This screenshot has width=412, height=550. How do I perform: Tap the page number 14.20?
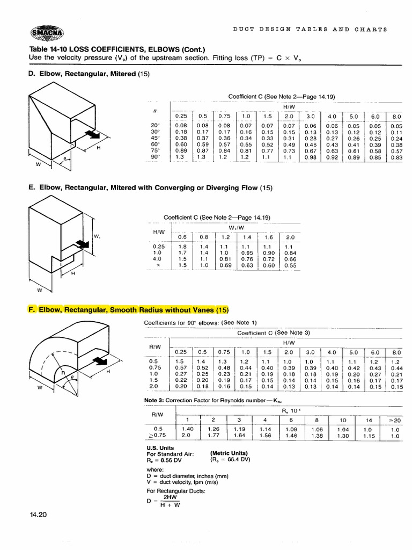(x=39, y=515)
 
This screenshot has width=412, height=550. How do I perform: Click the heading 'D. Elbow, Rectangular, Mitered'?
(x=82, y=74)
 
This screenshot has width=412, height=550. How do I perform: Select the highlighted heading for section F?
(x=128, y=310)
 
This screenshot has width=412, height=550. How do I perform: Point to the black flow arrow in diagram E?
(x=82, y=244)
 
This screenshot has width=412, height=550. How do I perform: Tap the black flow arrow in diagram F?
(x=99, y=361)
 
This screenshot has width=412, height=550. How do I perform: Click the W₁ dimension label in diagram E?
(x=97, y=236)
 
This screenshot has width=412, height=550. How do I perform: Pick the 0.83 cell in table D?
(x=396, y=157)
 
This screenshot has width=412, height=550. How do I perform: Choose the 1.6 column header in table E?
(x=269, y=236)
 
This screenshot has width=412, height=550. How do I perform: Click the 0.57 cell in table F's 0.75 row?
(x=180, y=367)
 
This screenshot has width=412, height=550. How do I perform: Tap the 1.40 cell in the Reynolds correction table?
(x=188, y=429)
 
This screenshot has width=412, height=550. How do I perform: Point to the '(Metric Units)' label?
(x=229, y=453)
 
